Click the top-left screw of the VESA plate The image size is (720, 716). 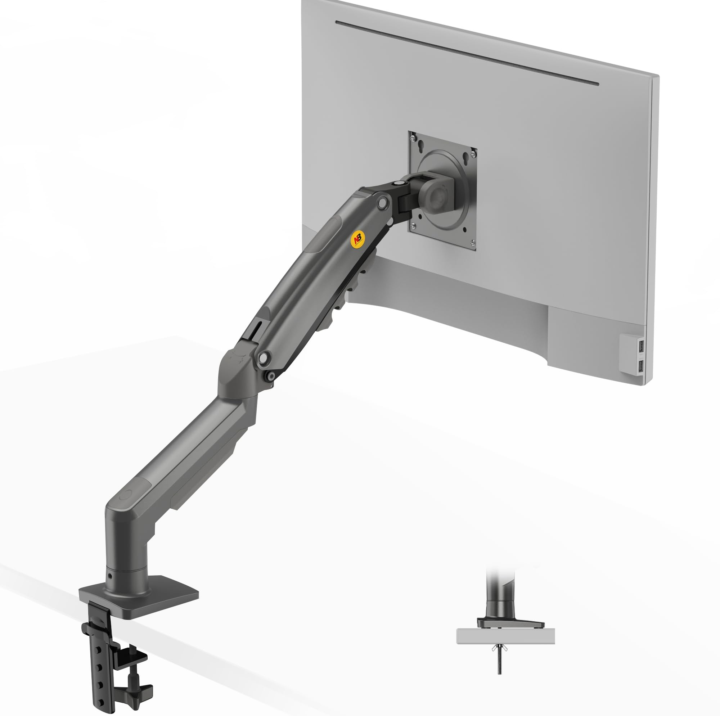413,138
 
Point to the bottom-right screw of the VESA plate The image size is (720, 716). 473,243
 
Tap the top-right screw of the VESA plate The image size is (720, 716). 473,152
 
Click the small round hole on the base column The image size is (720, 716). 109,576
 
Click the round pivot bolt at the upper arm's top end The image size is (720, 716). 382,203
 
